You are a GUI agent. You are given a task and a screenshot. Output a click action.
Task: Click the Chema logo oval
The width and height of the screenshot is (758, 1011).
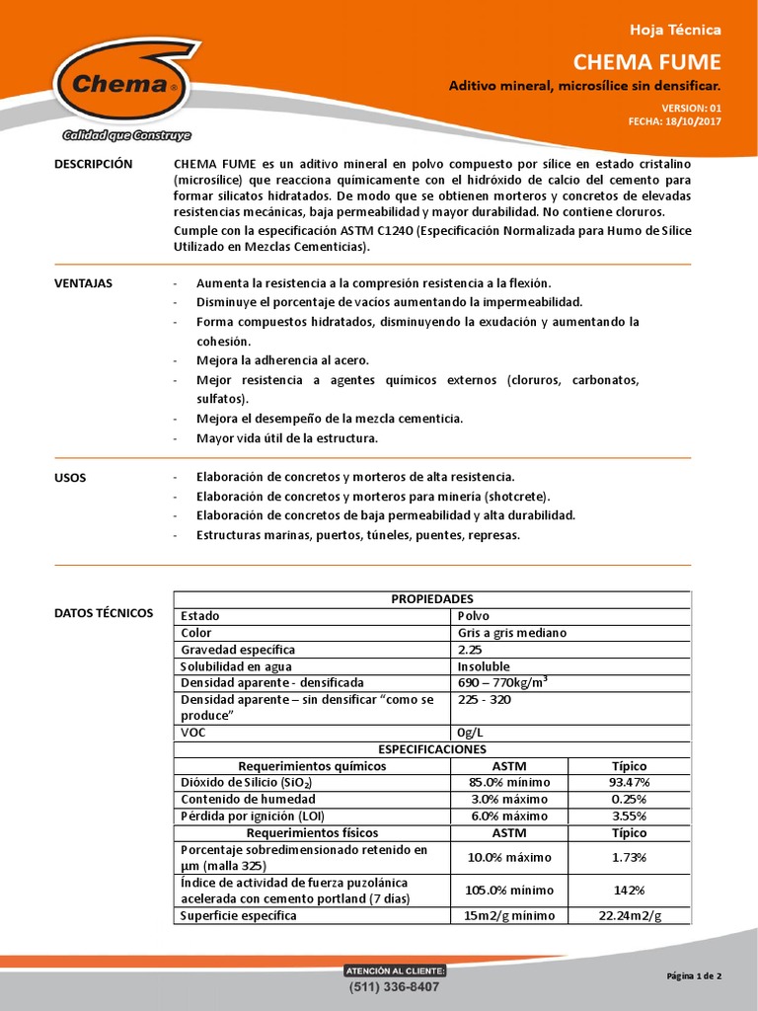pyautogui.click(x=119, y=84)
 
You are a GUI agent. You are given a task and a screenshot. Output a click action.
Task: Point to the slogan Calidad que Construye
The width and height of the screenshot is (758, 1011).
pyautogui.click(x=126, y=135)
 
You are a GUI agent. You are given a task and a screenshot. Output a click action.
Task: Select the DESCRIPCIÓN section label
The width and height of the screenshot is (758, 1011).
pyautogui.click(x=92, y=164)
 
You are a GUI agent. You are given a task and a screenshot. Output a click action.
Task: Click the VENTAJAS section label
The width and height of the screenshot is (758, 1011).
pyautogui.click(x=83, y=283)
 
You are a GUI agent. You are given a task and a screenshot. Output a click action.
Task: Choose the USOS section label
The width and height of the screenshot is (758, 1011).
pyautogui.click(x=69, y=477)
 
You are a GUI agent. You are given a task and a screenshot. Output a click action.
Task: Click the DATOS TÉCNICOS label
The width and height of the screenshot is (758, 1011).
pyautogui.click(x=104, y=613)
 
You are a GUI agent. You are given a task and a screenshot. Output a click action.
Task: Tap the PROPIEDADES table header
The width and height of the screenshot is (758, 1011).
pyautogui.click(x=432, y=599)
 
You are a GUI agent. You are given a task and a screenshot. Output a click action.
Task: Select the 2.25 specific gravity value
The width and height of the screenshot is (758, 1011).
pyautogui.click(x=470, y=650)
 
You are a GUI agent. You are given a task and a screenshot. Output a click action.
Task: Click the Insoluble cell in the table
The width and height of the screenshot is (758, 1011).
pyautogui.click(x=484, y=666)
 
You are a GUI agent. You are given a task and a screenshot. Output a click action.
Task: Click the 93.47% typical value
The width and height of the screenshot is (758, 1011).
pyautogui.click(x=630, y=783)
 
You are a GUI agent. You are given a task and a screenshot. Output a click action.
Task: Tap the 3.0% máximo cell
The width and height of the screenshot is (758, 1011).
pyautogui.click(x=508, y=800)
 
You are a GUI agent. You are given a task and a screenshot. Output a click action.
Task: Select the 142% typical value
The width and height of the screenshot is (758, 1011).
pyautogui.click(x=630, y=890)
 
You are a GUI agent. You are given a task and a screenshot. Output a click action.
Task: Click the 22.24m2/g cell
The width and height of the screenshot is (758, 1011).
pyautogui.click(x=630, y=916)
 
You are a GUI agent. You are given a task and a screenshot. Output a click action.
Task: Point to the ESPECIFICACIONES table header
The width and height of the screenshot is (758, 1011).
pyautogui.click(x=432, y=749)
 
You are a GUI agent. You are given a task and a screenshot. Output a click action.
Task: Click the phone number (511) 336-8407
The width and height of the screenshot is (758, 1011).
pyautogui.click(x=394, y=987)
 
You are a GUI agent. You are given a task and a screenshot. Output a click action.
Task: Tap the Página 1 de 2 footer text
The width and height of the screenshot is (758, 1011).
pyautogui.click(x=694, y=976)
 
